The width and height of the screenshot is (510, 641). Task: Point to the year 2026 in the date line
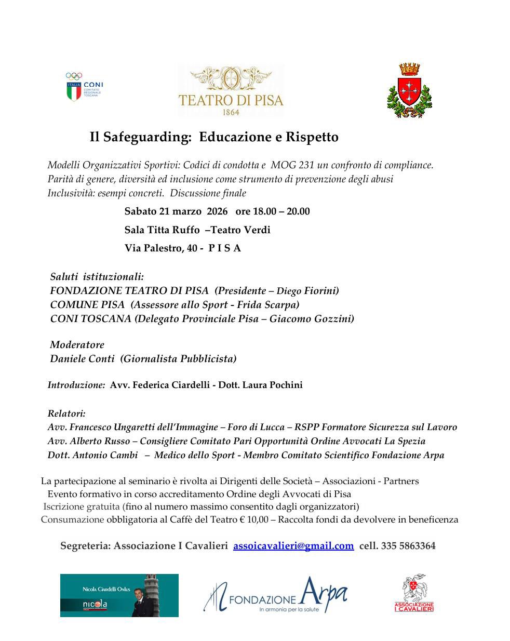pyautogui.click(x=217, y=211)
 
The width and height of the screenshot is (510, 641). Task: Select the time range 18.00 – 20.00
pyautogui.click(x=281, y=211)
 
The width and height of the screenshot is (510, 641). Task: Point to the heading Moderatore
pyautogui.click(x=77, y=345)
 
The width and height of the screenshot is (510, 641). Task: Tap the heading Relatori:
pyautogui.click(x=66, y=414)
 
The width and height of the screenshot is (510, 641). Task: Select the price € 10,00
pyautogui.click(x=254, y=519)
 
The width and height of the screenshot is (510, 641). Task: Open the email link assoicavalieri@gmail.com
pyautogui.click(x=293, y=546)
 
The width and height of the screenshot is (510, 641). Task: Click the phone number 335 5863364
pyautogui.click(x=408, y=546)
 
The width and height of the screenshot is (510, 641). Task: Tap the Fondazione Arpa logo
pyautogui.click(x=275, y=595)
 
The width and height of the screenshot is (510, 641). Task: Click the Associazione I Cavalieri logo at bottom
pyautogui.click(x=414, y=593)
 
